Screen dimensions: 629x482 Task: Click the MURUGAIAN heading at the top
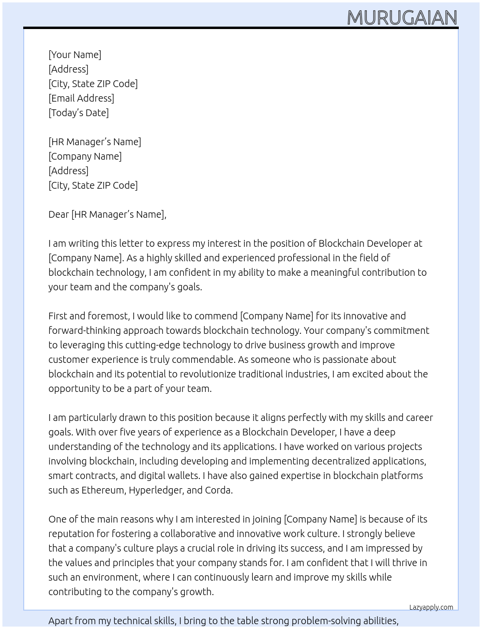click(402, 17)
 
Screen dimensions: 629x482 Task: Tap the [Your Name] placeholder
click(75, 55)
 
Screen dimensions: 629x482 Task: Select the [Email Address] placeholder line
click(81, 98)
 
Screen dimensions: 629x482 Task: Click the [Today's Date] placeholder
click(78, 113)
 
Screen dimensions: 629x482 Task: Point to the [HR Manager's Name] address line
click(94, 142)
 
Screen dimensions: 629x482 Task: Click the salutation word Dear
click(59, 214)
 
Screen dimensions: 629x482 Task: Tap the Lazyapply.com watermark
click(431, 607)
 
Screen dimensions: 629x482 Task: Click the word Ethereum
click(103, 490)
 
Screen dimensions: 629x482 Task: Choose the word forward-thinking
click(84, 330)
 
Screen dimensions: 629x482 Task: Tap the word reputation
click(71, 534)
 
